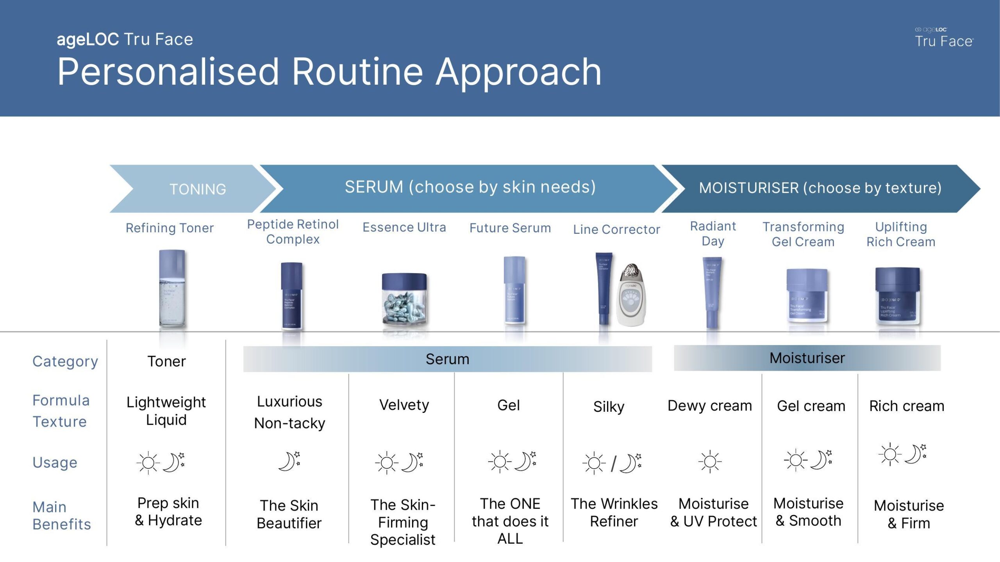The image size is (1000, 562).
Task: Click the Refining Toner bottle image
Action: [172, 289]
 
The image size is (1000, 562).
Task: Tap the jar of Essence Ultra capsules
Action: [404, 300]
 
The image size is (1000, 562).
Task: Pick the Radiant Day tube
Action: [712, 293]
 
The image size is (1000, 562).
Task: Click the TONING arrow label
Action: [198, 189]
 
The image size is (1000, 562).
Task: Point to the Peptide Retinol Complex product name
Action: [293, 231]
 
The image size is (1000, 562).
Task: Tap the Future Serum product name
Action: [510, 228]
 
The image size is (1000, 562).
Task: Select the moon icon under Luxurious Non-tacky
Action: [289, 461]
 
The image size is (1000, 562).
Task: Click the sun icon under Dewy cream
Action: [710, 462]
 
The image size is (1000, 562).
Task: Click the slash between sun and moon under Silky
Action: [613, 464]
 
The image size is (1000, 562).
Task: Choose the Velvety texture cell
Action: [404, 405]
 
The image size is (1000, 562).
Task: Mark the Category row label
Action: [65, 361]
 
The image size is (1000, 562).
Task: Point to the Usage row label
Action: [55, 462]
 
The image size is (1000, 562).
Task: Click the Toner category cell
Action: [166, 361]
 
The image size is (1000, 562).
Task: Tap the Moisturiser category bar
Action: [807, 358]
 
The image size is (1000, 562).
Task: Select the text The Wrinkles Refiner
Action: [614, 512]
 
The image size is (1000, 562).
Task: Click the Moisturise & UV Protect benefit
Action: [713, 512]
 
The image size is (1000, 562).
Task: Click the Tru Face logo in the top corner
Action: [944, 38]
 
